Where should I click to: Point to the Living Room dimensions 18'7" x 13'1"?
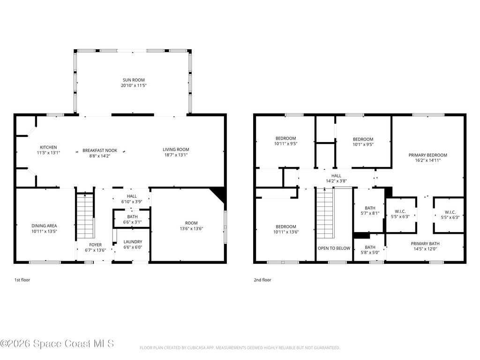click(176, 155)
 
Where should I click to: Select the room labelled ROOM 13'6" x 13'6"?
click(191, 226)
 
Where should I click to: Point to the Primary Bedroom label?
click(427, 157)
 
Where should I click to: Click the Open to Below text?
click(334, 248)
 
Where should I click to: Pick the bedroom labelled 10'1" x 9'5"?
click(363, 142)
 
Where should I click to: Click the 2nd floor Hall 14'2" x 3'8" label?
click(337, 178)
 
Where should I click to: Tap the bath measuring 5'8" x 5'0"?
click(370, 250)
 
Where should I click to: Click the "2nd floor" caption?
click(262, 280)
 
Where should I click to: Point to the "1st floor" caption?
click(22, 280)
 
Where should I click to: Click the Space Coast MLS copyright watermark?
click(57, 344)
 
